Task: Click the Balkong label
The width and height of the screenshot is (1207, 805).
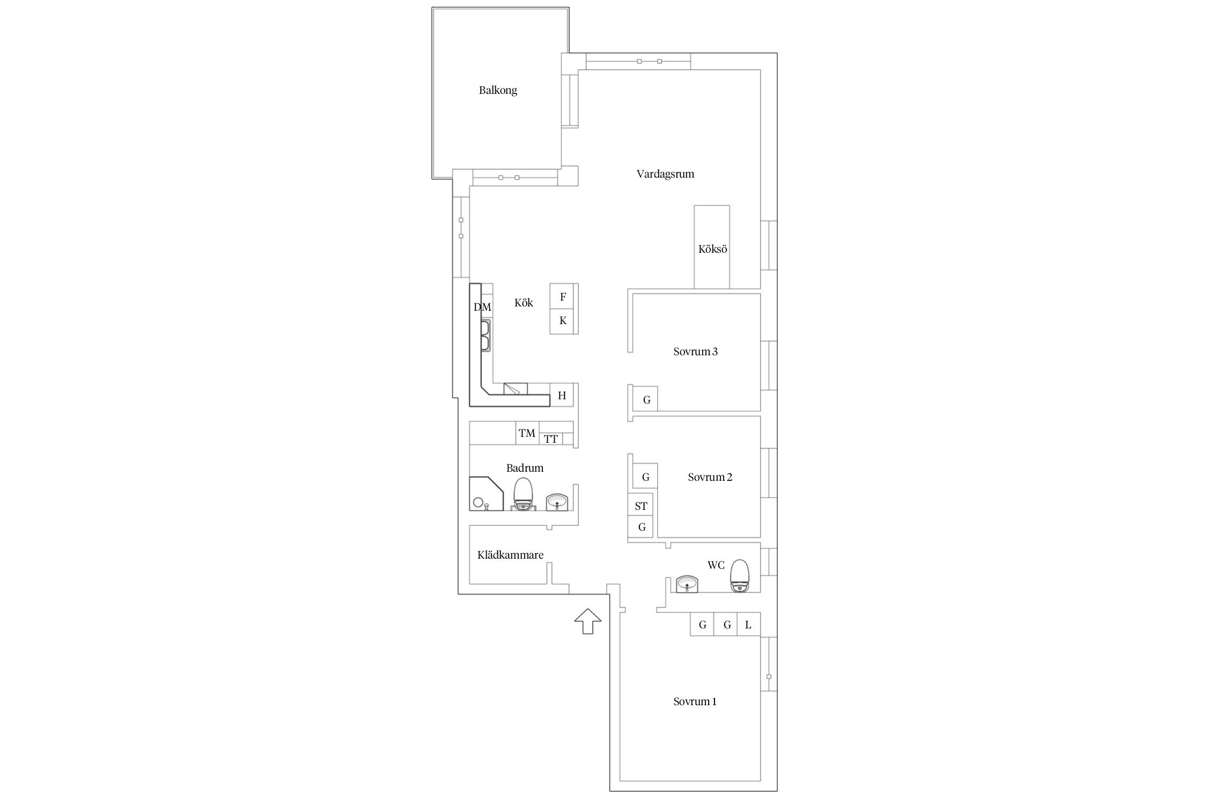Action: click(498, 90)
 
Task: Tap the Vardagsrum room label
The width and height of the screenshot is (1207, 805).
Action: click(665, 174)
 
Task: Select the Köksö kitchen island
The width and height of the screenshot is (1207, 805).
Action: click(712, 247)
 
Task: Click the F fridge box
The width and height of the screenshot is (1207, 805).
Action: click(564, 296)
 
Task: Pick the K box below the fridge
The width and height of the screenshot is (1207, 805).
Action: click(564, 321)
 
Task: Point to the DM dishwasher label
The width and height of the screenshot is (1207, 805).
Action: click(482, 307)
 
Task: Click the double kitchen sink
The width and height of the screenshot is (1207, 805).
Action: click(111, 335)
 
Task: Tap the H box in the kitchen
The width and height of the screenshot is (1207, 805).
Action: click(562, 396)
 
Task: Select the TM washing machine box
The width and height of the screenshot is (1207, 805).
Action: click(527, 433)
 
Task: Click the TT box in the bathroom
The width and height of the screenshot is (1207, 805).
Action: click(551, 439)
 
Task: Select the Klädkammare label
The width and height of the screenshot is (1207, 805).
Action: click(511, 555)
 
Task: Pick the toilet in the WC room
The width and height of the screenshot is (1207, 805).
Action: click(740, 575)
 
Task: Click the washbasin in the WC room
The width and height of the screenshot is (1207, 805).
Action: click(687, 584)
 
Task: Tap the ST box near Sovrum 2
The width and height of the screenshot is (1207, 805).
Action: click(641, 506)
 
